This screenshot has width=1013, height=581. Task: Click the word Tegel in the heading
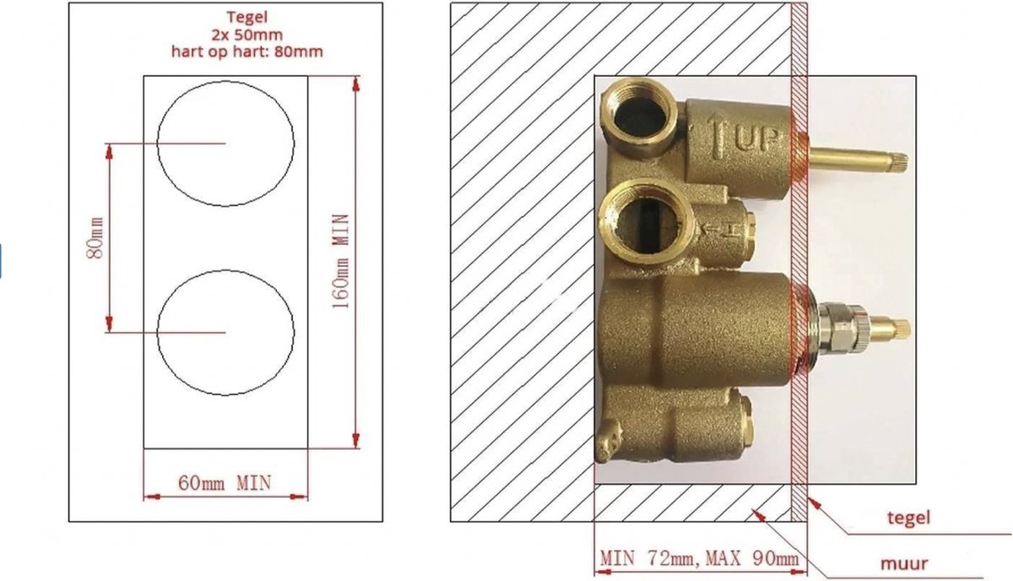point(246,17)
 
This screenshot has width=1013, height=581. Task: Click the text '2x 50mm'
point(246,35)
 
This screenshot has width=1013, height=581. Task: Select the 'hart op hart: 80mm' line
point(246,52)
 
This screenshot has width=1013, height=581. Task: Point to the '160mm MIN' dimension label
point(340,262)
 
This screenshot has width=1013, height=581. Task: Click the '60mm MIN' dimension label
point(225,483)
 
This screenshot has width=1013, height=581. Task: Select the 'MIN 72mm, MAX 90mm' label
point(699,558)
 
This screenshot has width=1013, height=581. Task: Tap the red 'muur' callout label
point(904,563)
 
